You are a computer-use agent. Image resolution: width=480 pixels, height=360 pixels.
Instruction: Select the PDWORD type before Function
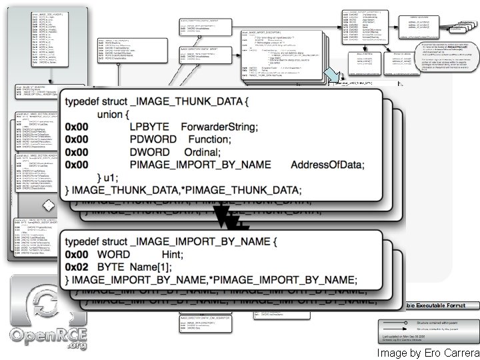click(154, 139)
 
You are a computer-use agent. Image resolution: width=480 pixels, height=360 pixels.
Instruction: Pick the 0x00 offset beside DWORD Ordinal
click(77, 152)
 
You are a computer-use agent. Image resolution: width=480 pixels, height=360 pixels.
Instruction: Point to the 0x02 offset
click(77, 266)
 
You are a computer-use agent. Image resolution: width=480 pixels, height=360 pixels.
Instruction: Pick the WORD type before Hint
click(114, 254)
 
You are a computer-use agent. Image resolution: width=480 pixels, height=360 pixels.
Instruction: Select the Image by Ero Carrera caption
click(427, 353)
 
